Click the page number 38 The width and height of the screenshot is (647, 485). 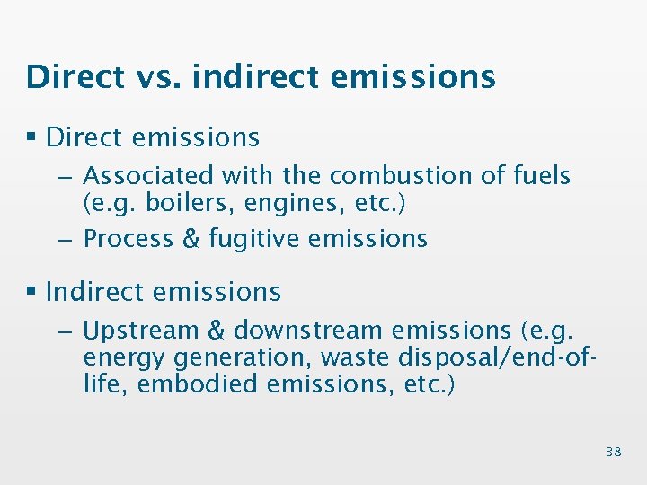pyautogui.click(x=613, y=452)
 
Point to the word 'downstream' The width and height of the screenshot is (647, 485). pyautogui.click(x=308, y=331)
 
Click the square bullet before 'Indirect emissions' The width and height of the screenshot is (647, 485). pyautogui.click(x=32, y=292)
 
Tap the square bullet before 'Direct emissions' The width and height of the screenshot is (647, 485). pyautogui.click(x=32, y=137)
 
